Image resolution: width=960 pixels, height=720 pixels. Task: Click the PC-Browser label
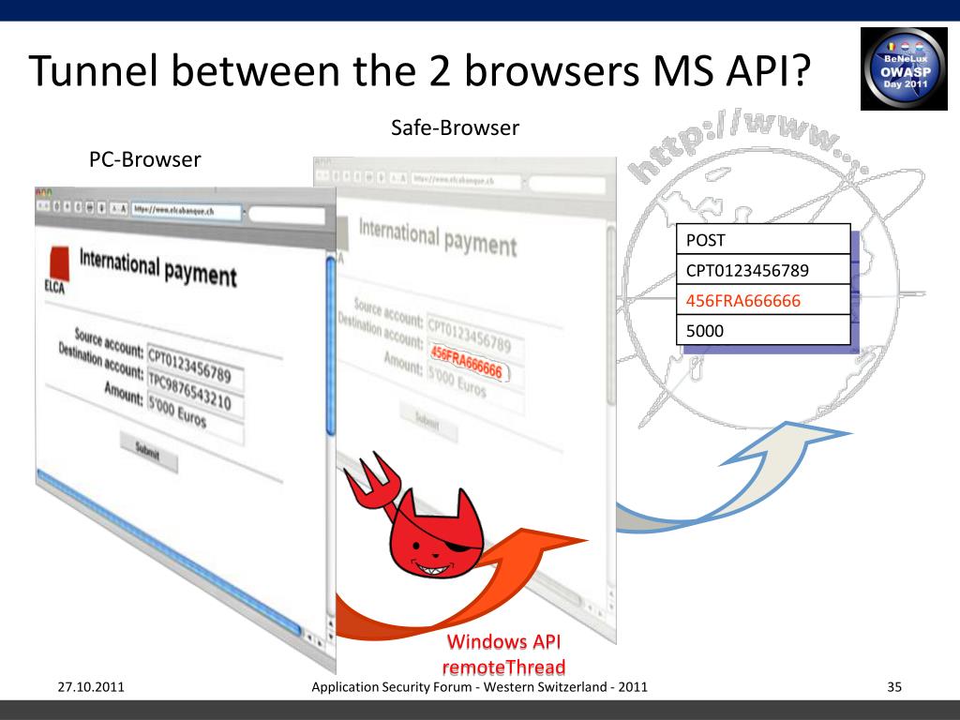(x=144, y=159)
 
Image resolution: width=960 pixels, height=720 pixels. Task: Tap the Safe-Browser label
(x=455, y=127)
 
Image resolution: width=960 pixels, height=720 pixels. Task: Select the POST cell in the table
(x=764, y=240)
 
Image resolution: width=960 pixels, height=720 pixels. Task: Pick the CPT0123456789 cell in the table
(x=764, y=271)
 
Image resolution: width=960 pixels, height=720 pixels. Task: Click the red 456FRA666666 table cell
(x=764, y=301)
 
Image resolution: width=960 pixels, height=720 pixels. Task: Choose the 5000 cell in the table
(x=764, y=330)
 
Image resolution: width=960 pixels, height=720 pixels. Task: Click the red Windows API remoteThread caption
(x=503, y=654)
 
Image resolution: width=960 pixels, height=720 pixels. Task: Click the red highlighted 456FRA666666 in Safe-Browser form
(x=466, y=364)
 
